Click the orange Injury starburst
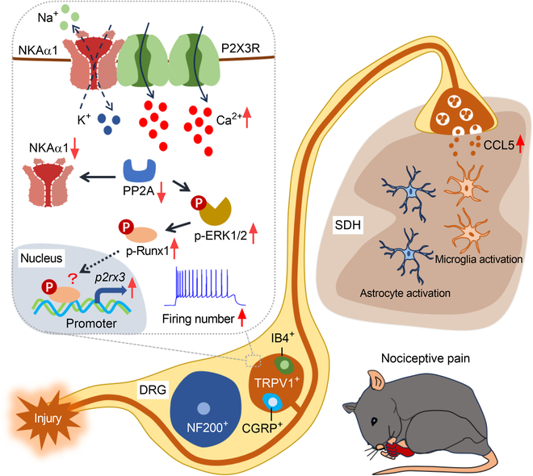coord(47,418)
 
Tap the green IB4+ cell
coord(283,365)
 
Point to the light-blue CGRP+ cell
coord(273,402)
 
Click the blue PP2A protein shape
coord(140,171)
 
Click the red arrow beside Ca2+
coord(247,117)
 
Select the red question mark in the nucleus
coord(72,278)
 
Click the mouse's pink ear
coord(376,381)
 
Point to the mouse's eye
coord(374,421)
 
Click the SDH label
coord(348,225)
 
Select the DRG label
coord(153,390)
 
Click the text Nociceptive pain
coord(426,358)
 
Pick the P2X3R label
coord(241,48)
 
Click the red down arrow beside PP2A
coord(162,192)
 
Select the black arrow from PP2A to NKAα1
coord(98,177)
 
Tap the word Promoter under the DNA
coord(91,324)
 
